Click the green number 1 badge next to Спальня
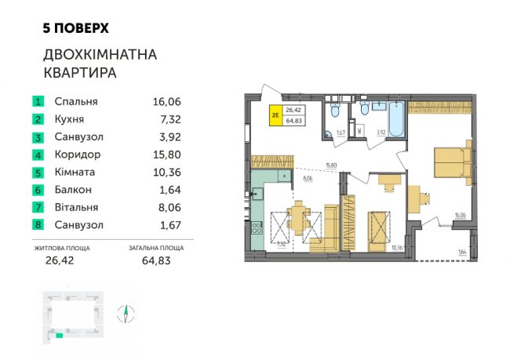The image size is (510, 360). click(x=38, y=102)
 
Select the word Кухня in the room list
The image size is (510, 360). click(x=70, y=120)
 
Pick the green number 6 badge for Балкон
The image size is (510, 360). click(x=38, y=190)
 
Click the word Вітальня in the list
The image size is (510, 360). click(x=76, y=207)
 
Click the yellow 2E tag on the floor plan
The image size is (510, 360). click(x=275, y=115)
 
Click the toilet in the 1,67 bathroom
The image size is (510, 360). click(x=334, y=111)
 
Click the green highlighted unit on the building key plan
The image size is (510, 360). click(x=59, y=335)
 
